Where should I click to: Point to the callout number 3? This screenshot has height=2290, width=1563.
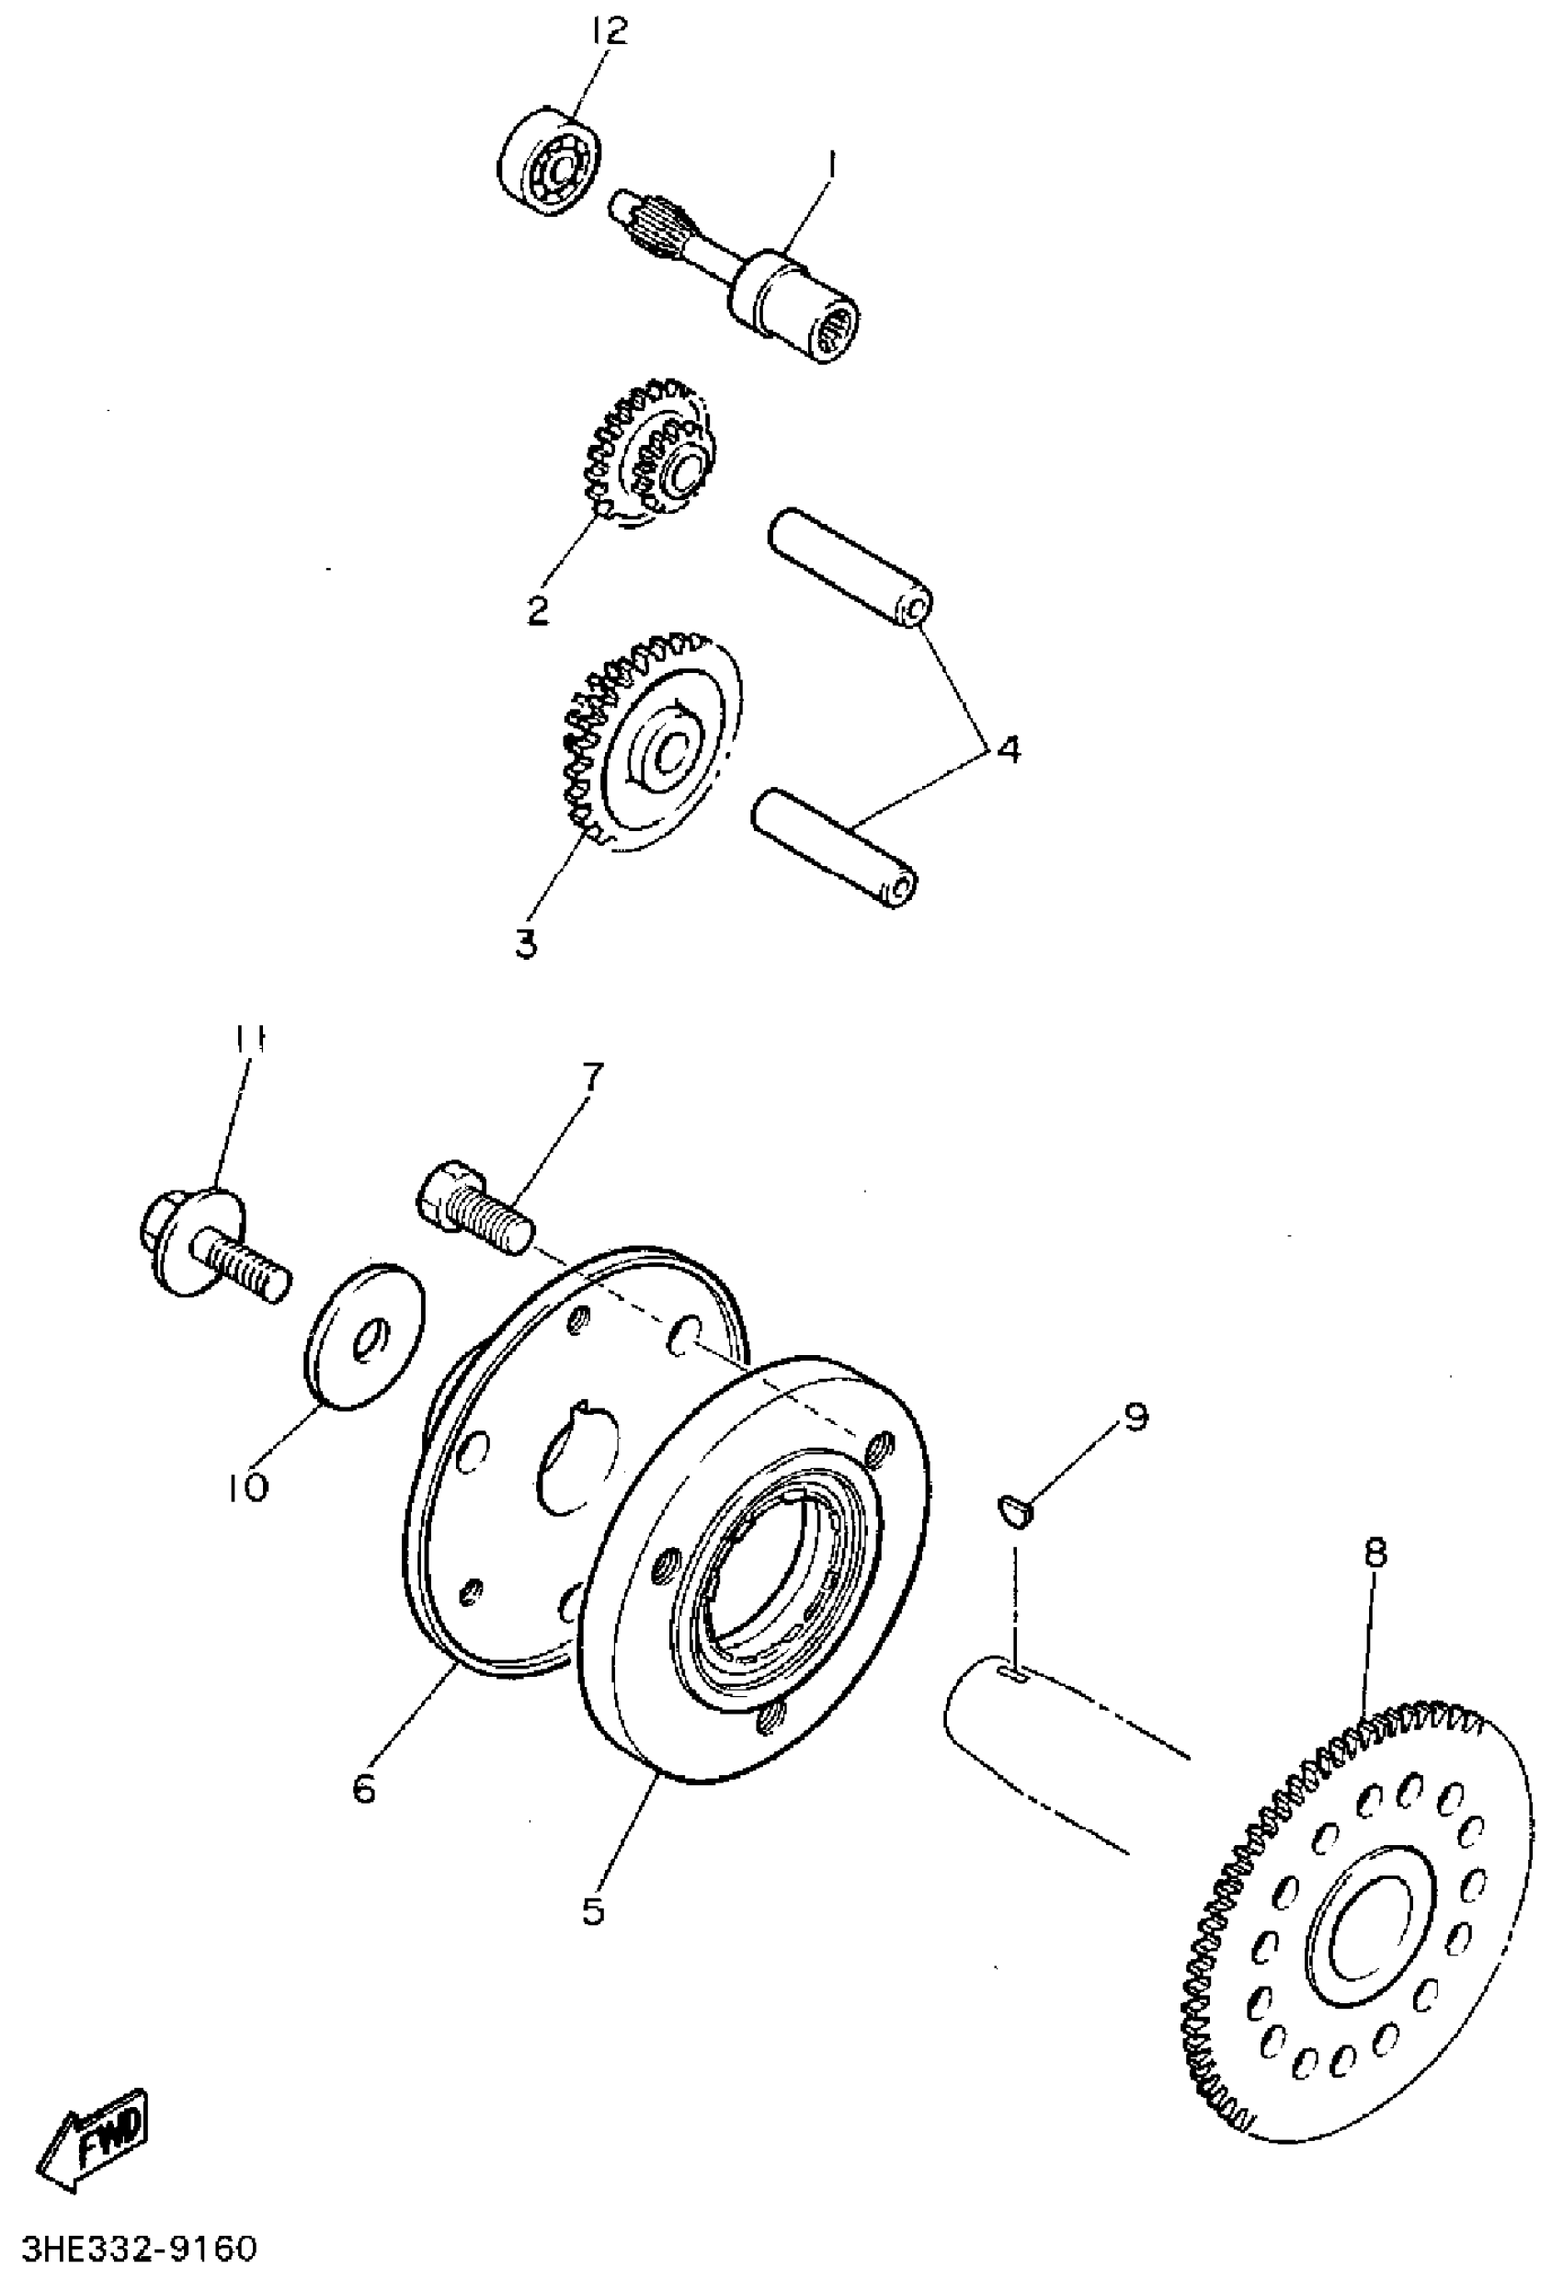(526, 943)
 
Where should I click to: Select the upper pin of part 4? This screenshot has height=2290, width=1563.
(850, 574)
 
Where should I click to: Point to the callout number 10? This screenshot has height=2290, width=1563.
(245, 1486)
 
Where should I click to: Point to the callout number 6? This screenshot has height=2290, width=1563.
(365, 1786)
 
